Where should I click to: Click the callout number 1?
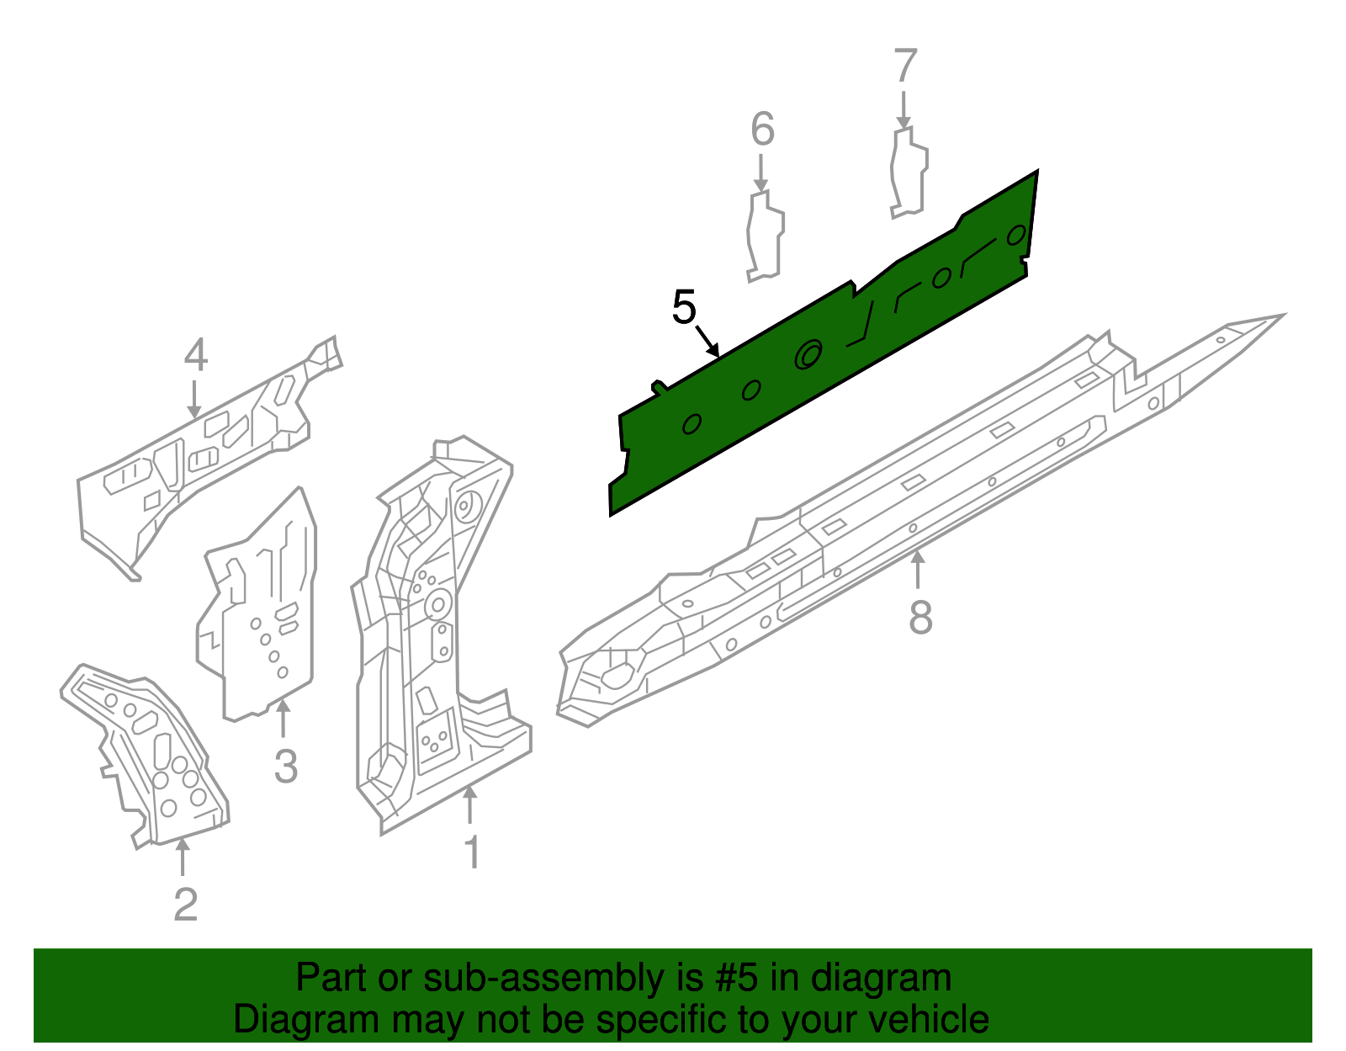pyautogui.click(x=473, y=852)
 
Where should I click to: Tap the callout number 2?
pyautogui.click(x=185, y=905)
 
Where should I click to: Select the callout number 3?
pyautogui.click(x=286, y=766)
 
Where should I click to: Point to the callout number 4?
pyautogui.click(x=196, y=355)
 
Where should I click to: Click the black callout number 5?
pyautogui.click(x=685, y=306)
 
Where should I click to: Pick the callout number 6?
pyautogui.click(x=762, y=129)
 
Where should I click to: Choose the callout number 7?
pyautogui.click(x=905, y=66)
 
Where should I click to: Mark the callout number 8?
pyautogui.click(x=920, y=617)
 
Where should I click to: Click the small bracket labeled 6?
pyautogui.click(x=766, y=236)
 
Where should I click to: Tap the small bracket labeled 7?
pyautogui.click(x=909, y=173)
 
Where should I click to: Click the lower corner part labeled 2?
pyautogui.click(x=146, y=756)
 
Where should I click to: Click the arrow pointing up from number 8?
pyautogui.click(x=918, y=570)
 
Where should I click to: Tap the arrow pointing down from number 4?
pyautogui.click(x=194, y=400)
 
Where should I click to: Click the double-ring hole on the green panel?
pyautogui.click(x=808, y=354)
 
